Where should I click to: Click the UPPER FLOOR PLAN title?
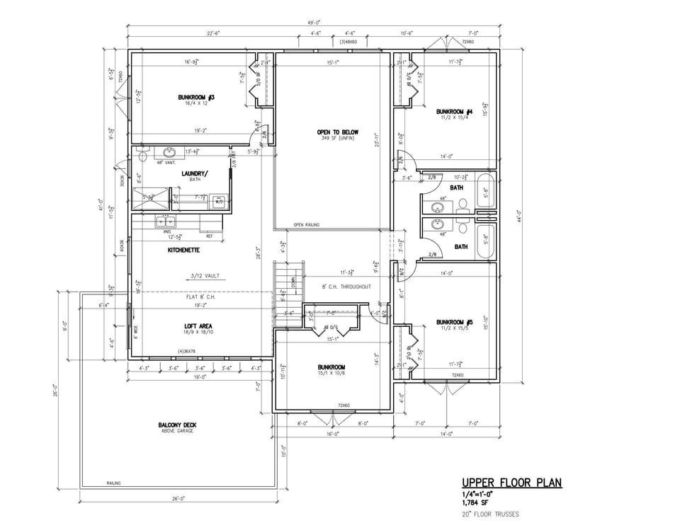pos(511,483)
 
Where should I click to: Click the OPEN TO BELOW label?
pos(337,132)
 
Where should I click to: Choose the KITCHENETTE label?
pos(183,250)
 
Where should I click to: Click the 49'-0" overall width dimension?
pos(314,23)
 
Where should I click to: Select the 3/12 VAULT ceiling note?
pos(205,276)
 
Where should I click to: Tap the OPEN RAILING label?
pos(306,225)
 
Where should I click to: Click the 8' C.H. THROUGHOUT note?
pos(346,287)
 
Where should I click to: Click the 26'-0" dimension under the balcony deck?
pos(178,499)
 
